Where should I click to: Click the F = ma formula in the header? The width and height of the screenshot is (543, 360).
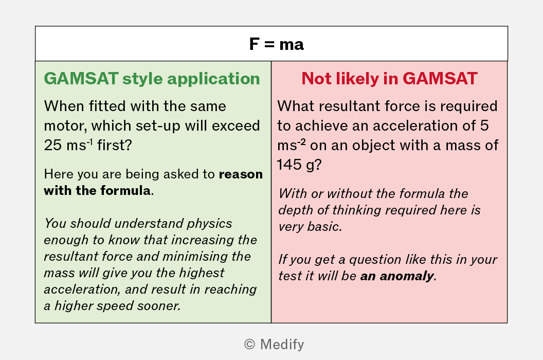276,44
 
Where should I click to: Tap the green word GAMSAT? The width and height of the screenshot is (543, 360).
81,78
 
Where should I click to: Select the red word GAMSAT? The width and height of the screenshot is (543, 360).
440,78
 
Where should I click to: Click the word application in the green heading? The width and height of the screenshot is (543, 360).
214,79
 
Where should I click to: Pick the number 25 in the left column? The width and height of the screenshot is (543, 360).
53,145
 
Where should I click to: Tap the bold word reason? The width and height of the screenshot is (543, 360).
241,174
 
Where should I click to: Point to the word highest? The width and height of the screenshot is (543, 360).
202,273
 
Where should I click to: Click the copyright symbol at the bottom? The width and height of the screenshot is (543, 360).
249,345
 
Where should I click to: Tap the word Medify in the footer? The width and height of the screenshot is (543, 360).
282,345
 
